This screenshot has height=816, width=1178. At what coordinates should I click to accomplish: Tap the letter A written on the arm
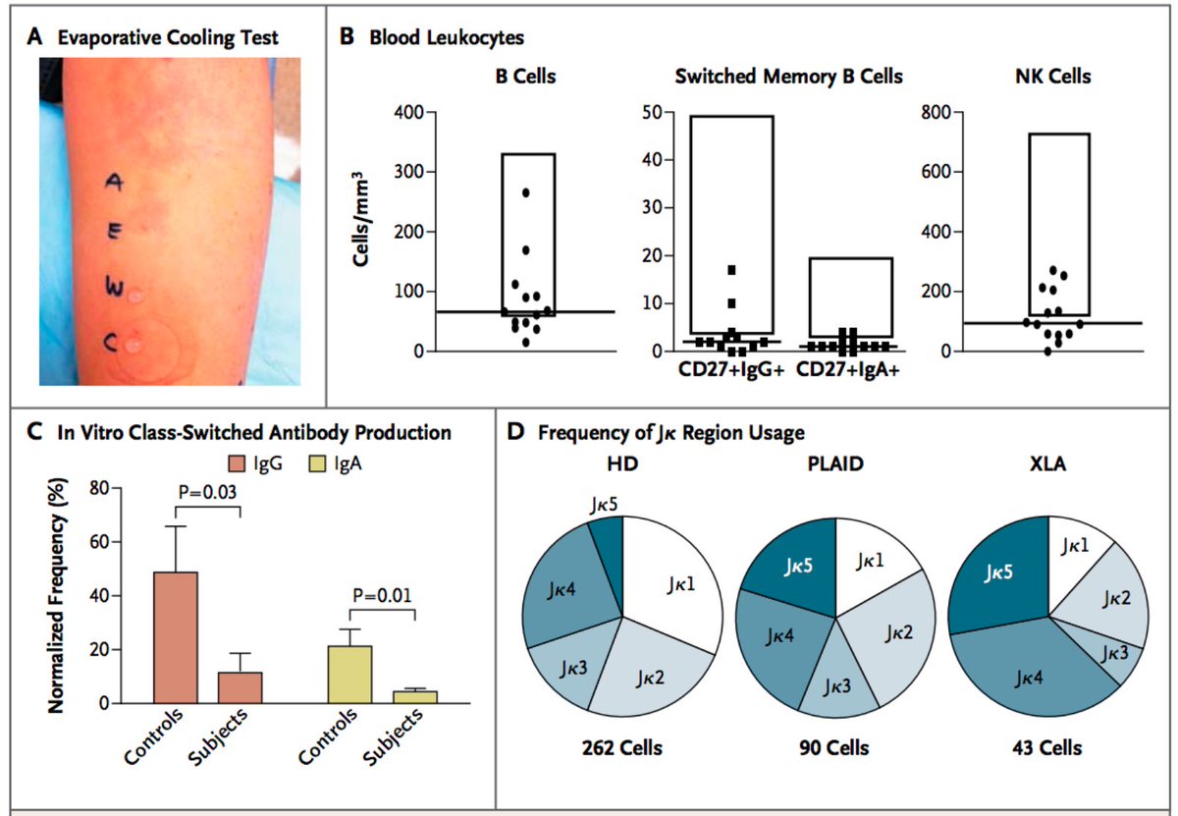tap(115, 183)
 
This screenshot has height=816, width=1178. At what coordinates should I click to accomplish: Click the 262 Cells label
tap(620, 748)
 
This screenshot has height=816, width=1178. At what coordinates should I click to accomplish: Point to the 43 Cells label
tap(1048, 748)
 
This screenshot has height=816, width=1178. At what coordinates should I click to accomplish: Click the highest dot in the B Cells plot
tap(526, 192)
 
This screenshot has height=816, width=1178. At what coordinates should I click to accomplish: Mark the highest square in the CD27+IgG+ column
tap(731, 270)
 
